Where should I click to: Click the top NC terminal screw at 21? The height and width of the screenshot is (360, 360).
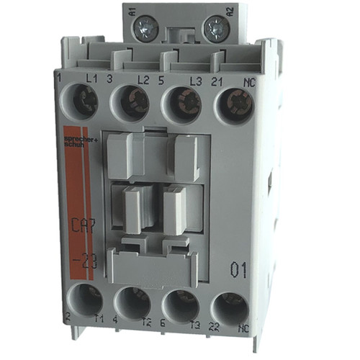[x=231, y=103]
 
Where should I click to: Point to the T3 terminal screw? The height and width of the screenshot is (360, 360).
[x=181, y=304]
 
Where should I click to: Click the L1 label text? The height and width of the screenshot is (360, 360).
[x=91, y=76]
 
